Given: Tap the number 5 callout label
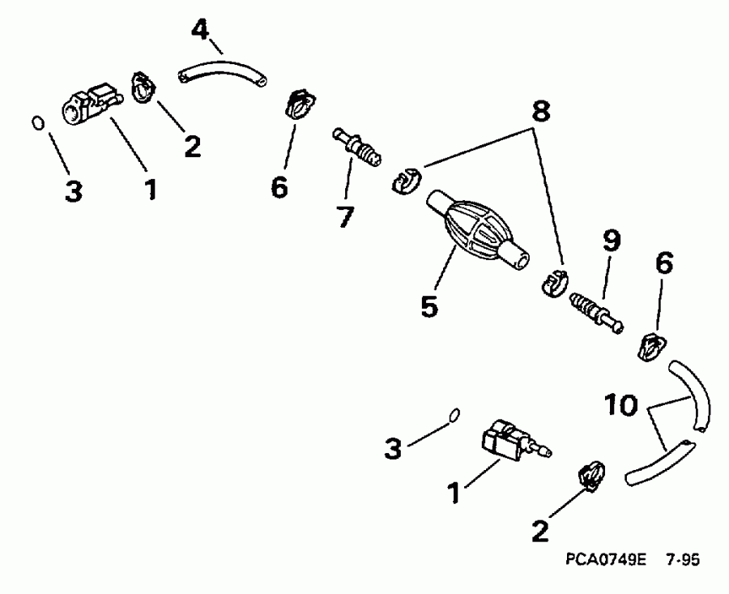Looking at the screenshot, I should click(430, 306).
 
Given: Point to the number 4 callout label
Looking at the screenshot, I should click(200, 32).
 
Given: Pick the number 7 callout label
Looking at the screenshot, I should click(346, 216).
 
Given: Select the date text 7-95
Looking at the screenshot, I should click(683, 559).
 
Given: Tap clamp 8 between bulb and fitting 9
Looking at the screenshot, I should click(552, 281).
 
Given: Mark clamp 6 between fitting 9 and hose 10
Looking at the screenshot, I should click(652, 346).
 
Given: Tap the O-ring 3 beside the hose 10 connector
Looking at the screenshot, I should click(454, 414).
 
